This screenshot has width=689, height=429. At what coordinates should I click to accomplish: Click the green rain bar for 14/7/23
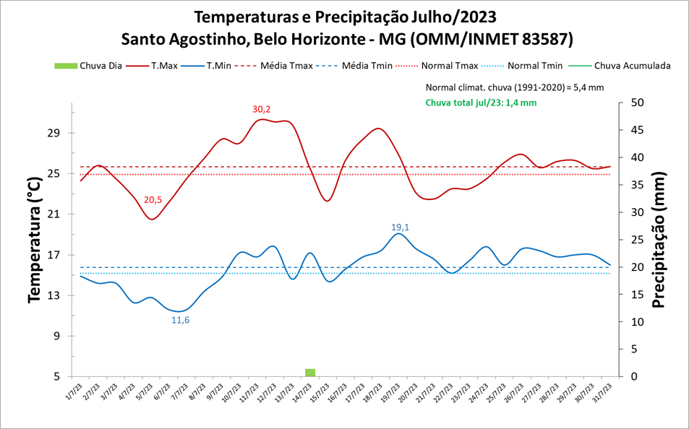310,373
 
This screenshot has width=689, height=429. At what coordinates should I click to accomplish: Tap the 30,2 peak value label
262,110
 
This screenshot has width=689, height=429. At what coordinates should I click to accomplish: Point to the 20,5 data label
153,200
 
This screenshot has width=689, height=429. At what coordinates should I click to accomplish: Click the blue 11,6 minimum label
181,320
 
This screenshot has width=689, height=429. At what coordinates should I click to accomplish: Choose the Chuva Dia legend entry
88,66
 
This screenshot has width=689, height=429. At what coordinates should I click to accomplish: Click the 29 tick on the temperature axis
56,134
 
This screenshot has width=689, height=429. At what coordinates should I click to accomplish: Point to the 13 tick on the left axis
56,296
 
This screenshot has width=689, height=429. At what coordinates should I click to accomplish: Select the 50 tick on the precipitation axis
638,103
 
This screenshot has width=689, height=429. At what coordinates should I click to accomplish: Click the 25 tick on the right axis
638,240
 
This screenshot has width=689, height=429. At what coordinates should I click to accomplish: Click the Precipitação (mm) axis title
659,240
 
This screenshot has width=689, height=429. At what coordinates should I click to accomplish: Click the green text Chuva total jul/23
481,103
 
